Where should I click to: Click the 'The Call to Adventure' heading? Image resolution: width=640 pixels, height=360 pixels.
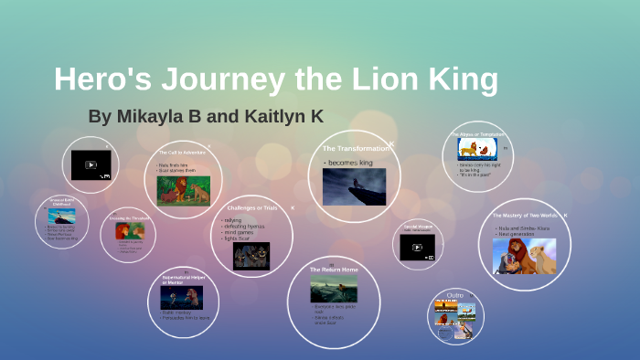tap(183, 153)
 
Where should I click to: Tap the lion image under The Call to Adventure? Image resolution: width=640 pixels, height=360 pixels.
tap(184, 189)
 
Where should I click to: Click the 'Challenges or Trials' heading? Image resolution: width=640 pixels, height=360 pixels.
tap(251, 208)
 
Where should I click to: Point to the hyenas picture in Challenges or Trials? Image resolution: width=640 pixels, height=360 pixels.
tap(251, 255)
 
